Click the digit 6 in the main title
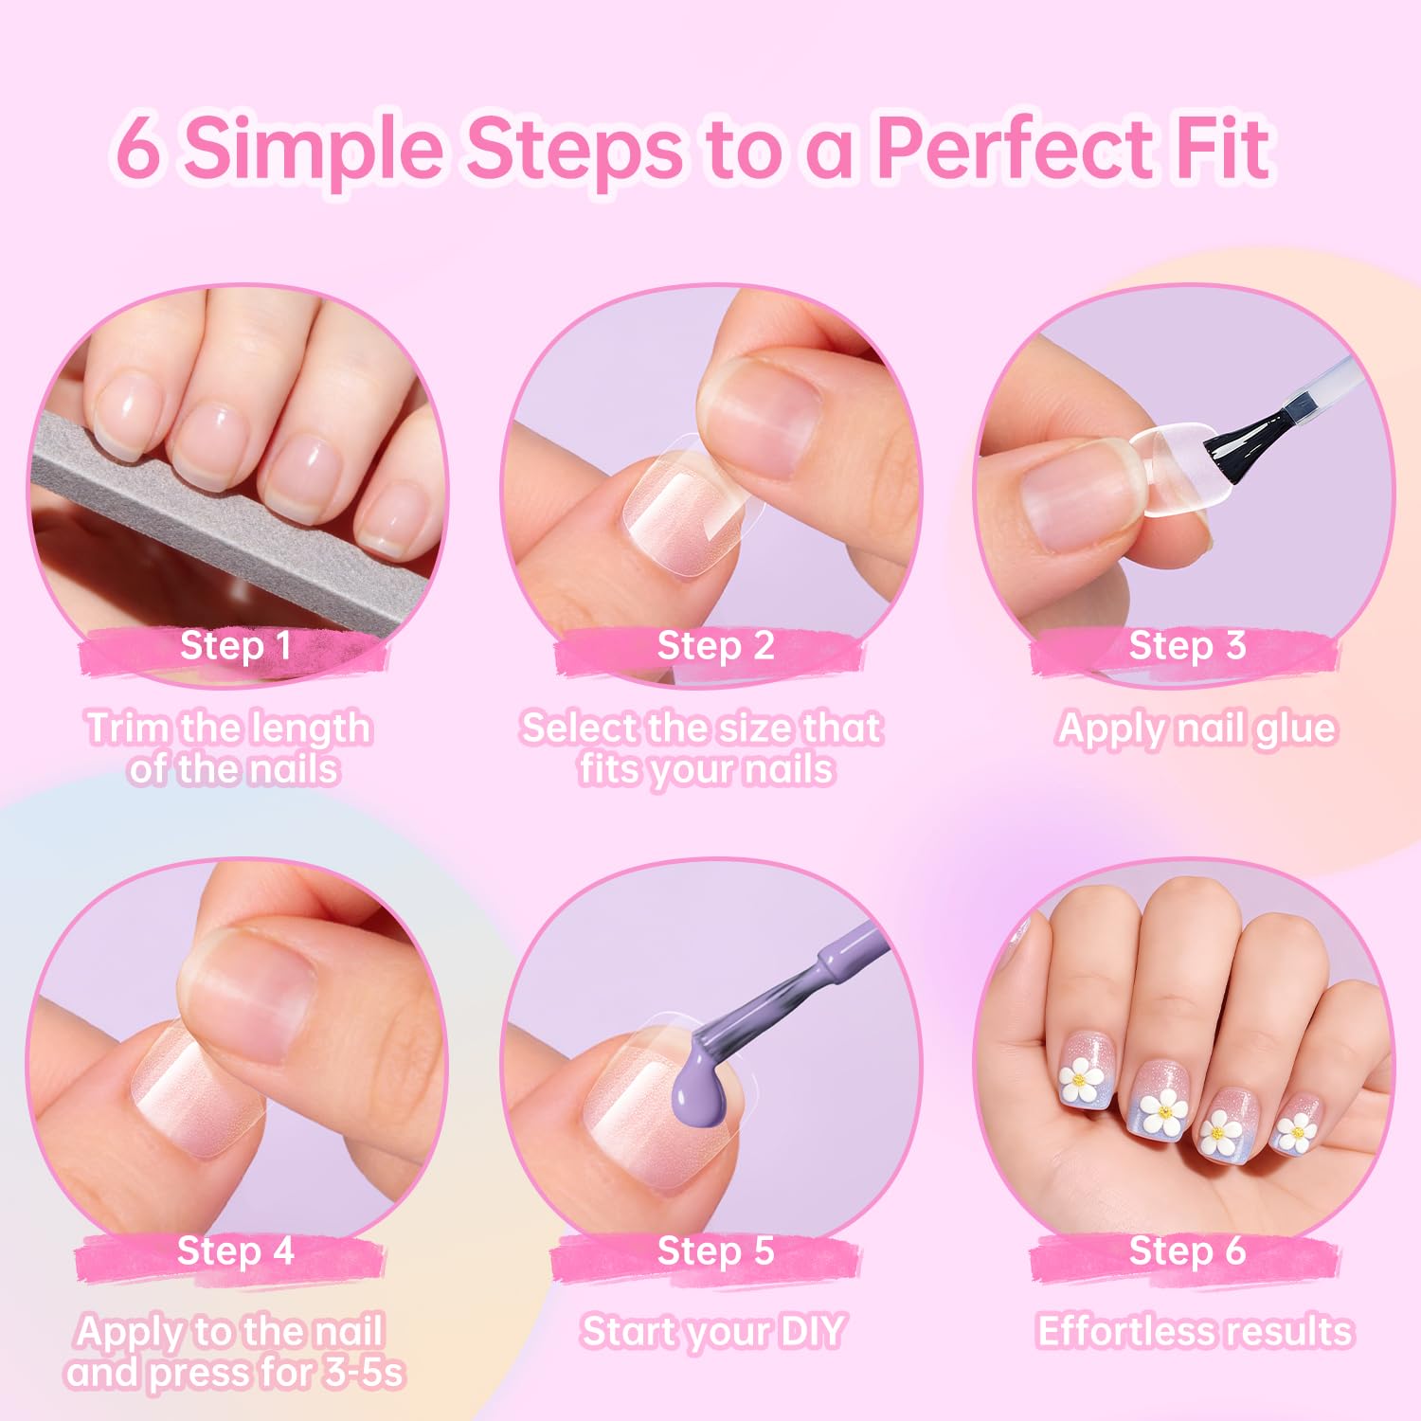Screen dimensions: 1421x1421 (x=138, y=148)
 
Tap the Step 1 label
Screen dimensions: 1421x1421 (x=236, y=645)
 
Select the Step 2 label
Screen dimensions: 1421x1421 (x=716, y=645)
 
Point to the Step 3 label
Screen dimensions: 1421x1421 (x=1187, y=645)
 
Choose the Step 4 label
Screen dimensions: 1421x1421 (x=236, y=1250)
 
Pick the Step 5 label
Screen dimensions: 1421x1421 (x=716, y=1250)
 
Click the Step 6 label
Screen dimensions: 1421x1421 (x=1187, y=1250)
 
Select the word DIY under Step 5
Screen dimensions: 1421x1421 (x=810, y=1331)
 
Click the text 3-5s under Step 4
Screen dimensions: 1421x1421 (x=364, y=1373)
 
